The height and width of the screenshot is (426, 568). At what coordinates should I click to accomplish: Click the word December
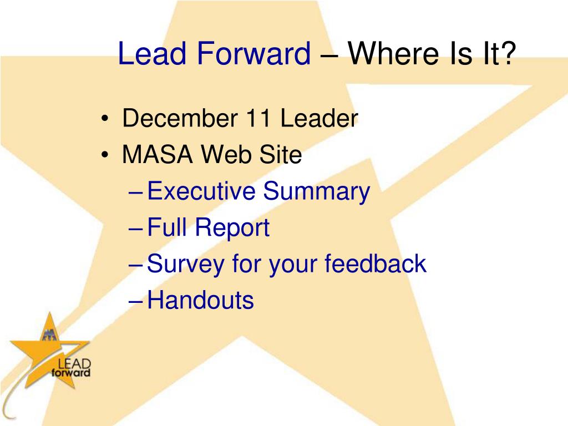180,118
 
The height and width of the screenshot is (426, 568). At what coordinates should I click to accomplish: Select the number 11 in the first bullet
258,118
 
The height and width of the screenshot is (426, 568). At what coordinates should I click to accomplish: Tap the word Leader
319,118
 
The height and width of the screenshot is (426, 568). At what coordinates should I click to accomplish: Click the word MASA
157,154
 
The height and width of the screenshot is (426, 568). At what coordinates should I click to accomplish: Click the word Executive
201,191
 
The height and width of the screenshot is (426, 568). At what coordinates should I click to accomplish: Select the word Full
167,227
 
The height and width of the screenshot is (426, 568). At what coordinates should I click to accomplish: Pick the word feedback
376,263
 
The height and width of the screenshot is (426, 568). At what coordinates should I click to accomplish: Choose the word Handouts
201,300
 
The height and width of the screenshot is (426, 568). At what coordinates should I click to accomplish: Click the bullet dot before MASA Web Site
105,155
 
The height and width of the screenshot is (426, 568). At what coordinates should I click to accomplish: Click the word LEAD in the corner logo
74,364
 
